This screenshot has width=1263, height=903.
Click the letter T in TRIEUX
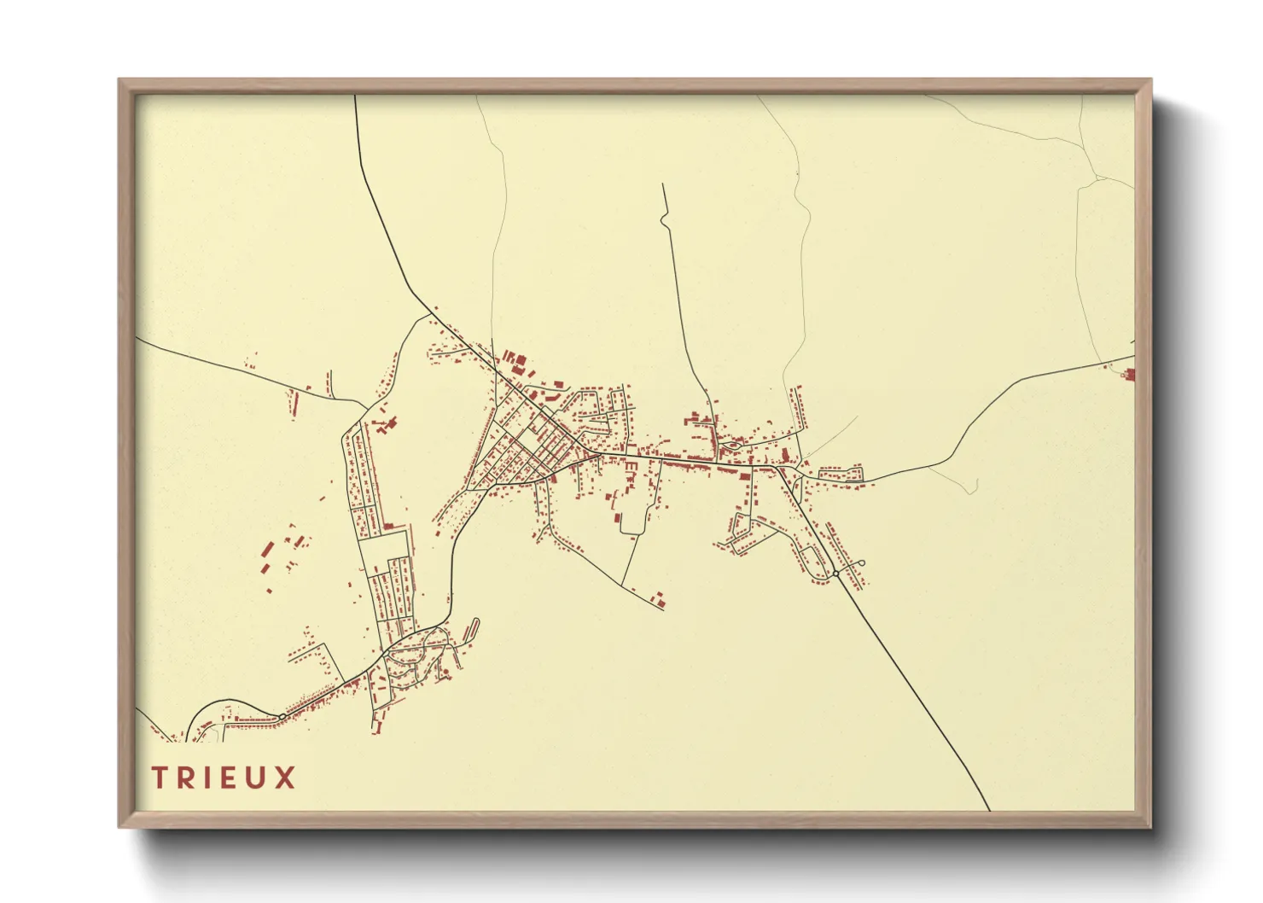pyautogui.click(x=160, y=778)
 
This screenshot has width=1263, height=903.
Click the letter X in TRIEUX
pyautogui.click(x=286, y=778)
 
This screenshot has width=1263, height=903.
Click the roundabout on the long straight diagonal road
pyautogui.click(x=835, y=574)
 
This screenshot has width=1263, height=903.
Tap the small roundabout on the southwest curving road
pyautogui.click(x=282, y=715)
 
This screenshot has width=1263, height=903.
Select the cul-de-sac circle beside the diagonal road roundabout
pyautogui.click(x=861, y=562)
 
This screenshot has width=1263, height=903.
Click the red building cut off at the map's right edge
pyautogui.click(x=1131, y=374)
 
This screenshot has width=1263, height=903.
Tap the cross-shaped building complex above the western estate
pyautogui.click(x=386, y=423)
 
